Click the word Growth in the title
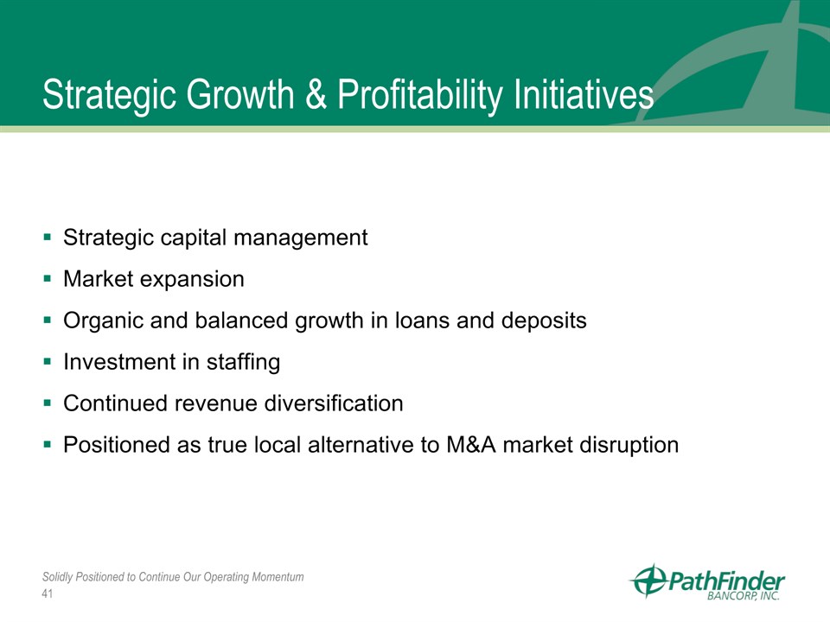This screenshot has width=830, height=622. (239, 95)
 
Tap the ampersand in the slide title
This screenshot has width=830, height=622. (316, 95)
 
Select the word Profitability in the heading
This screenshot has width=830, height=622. (418, 96)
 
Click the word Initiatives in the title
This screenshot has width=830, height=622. (584, 95)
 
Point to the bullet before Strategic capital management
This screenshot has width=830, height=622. (48, 237)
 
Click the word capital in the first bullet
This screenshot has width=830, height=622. (193, 238)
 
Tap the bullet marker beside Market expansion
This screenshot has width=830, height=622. (48, 278)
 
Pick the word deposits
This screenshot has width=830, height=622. (544, 321)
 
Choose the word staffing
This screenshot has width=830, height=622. (243, 362)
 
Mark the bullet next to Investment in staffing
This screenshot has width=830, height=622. (48, 362)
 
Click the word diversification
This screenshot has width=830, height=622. (334, 403)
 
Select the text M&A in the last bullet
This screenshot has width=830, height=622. (471, 445)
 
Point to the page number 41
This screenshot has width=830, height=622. (48, 594)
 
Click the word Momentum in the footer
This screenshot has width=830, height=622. (278, 576)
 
